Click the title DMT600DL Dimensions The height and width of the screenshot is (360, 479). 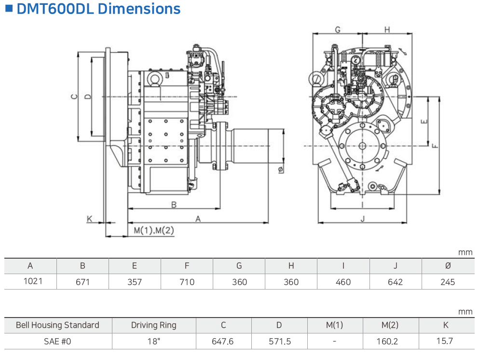pos(98,9)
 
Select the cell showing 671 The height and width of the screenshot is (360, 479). pos(82,282)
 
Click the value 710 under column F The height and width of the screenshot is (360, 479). pos(187,282)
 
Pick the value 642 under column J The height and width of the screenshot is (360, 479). pos(395,282)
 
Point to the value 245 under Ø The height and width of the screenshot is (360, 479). pos(448,282)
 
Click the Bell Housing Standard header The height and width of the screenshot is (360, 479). pos(57,325)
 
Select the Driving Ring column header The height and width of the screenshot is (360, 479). pos(153,325)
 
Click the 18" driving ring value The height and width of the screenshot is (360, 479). pos(153,341)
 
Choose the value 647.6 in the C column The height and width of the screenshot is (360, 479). pos(223,341)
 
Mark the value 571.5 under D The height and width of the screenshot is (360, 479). pos(279,341)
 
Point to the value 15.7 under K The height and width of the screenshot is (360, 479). pos(444,341)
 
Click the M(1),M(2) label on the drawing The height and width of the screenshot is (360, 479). pos(154,230)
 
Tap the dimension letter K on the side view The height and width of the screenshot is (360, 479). pos(89,219)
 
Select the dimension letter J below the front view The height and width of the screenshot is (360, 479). pos(363,219)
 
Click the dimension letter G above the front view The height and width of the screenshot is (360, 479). pos(338,30)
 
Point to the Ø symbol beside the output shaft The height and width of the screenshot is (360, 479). pos(280,169)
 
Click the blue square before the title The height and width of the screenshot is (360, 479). pos(8,8)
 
